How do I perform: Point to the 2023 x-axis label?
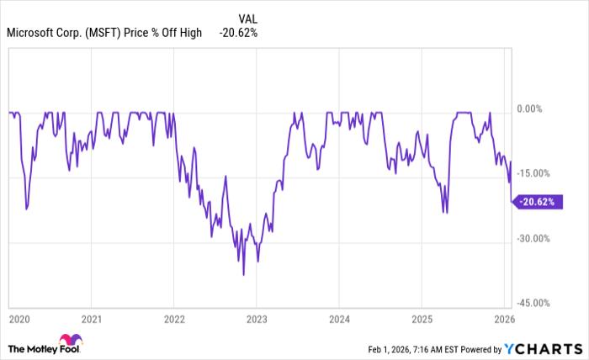click(257, 320)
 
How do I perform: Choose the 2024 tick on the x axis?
click(339, 320)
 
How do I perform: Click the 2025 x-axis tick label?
click(422, 320)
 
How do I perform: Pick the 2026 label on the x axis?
click(503, 320)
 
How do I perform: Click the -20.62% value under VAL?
click(238, 34)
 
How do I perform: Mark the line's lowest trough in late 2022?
click(244, 275)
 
